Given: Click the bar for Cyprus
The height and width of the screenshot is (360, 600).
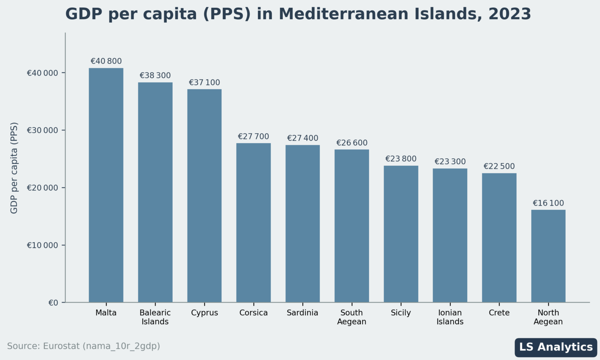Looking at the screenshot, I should pyautogui.click(x=204, y=195).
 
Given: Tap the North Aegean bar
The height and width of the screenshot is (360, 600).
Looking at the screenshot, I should pyautogui.click(x=548, y=256).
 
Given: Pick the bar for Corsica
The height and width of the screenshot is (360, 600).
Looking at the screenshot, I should pyautogui.click(x=254, y=222).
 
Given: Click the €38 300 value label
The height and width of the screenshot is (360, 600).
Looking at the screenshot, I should pyautogui.click(x=155, y=75).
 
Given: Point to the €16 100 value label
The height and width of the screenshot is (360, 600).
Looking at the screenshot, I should pyautogui.click(x=548, y=203).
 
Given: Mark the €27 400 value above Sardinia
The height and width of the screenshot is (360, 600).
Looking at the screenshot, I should pyautogui.click(x=302, y=138).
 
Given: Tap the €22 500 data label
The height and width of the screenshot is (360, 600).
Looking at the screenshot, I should pyautogui.click(x=499, y=167).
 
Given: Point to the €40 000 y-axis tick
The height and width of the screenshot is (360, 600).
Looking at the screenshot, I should pyautogui.click(x=42, y=73).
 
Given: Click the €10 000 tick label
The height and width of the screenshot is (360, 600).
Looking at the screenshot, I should pyautogui.click(x=42, y=245).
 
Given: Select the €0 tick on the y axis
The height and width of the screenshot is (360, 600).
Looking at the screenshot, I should pyautogui.click(x=53, y=303).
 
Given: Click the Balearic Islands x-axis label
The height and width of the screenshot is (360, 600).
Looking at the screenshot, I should pyautogui.click(x=155, y=317).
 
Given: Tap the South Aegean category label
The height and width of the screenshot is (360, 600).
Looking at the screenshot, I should pyautogui.click(x=352, y=317).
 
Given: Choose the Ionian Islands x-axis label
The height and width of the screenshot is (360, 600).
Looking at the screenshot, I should pyautogui.click(x=450, y=317).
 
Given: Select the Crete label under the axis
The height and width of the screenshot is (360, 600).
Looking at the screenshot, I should pyautogui.click(x=499, y=313).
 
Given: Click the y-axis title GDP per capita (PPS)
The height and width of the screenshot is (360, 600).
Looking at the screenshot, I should pyautogui.click(x=14, y=168).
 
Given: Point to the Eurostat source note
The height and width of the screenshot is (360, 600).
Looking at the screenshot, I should pyautogui.click(x=84, y=346).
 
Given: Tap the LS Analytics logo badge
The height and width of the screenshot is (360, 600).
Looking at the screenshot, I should pyautogui.click(x=555, y=347).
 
